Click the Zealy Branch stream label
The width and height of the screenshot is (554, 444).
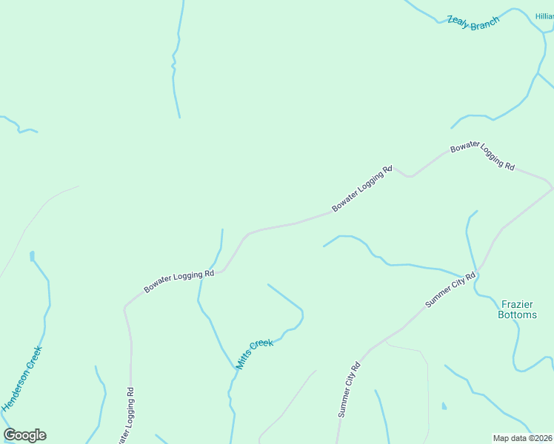473,23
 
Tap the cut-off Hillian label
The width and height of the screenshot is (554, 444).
544,16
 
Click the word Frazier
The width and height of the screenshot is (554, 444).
517,304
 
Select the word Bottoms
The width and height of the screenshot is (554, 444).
518,314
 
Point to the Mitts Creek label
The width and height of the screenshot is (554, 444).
255,354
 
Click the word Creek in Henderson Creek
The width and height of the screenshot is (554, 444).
34,359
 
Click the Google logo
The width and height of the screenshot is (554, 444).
24,435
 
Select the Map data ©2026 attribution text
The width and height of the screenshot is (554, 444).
523,438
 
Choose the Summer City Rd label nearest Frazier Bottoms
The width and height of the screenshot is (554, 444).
450,289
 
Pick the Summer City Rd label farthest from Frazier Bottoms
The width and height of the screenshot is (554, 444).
349,389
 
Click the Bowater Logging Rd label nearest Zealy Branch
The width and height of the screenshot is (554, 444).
482,155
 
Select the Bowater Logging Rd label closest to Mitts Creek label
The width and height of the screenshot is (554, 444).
178,280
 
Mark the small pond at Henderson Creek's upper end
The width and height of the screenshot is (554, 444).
32,256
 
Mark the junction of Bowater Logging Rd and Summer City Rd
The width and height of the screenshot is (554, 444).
550,184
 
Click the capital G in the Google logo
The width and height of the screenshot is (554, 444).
10,435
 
